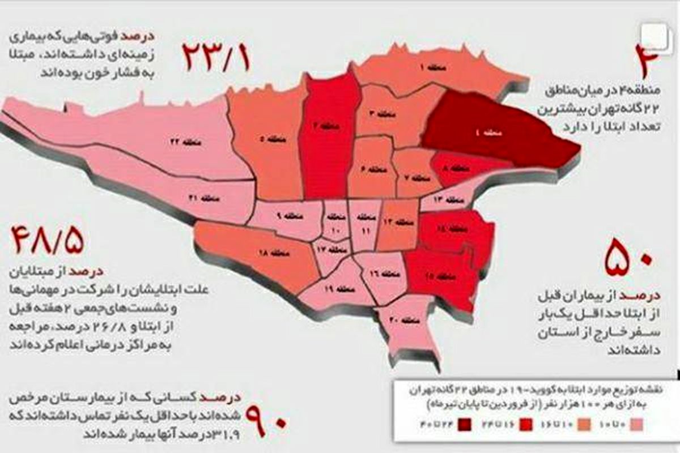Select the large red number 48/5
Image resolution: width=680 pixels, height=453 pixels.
(46, 241)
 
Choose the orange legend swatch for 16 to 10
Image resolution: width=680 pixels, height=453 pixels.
(584, 425)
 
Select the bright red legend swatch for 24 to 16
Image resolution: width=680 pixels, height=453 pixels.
(525, 425)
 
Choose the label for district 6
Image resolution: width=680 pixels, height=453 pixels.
(369, 169)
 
